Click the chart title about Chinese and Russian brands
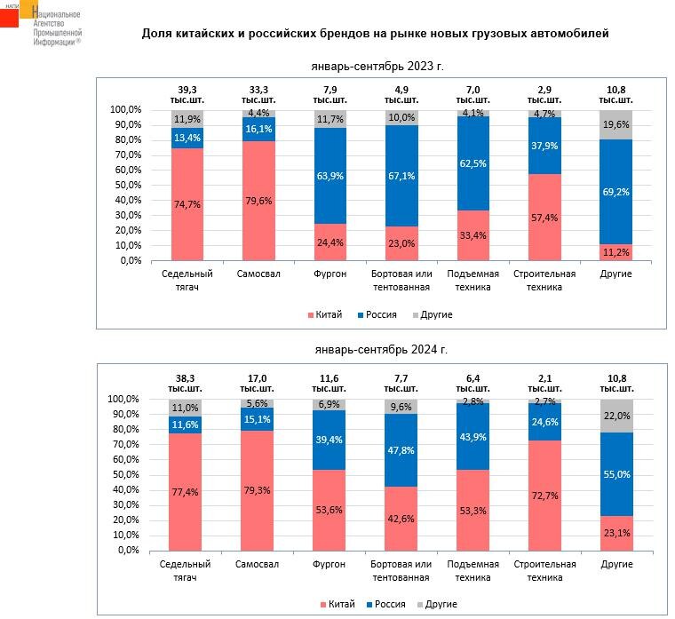pos(376,34)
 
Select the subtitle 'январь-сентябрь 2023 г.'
pos(377,67)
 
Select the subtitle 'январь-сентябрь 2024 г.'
pos(377,351)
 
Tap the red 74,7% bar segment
pos(187,204)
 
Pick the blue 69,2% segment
pos(615,191)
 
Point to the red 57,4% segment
pos(544,218)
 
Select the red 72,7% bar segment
pos(544,495)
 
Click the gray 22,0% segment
pos(615,416)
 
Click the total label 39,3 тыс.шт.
pos(187,95)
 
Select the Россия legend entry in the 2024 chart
pos(385,604)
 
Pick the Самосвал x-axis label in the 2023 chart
pos(259,274)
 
